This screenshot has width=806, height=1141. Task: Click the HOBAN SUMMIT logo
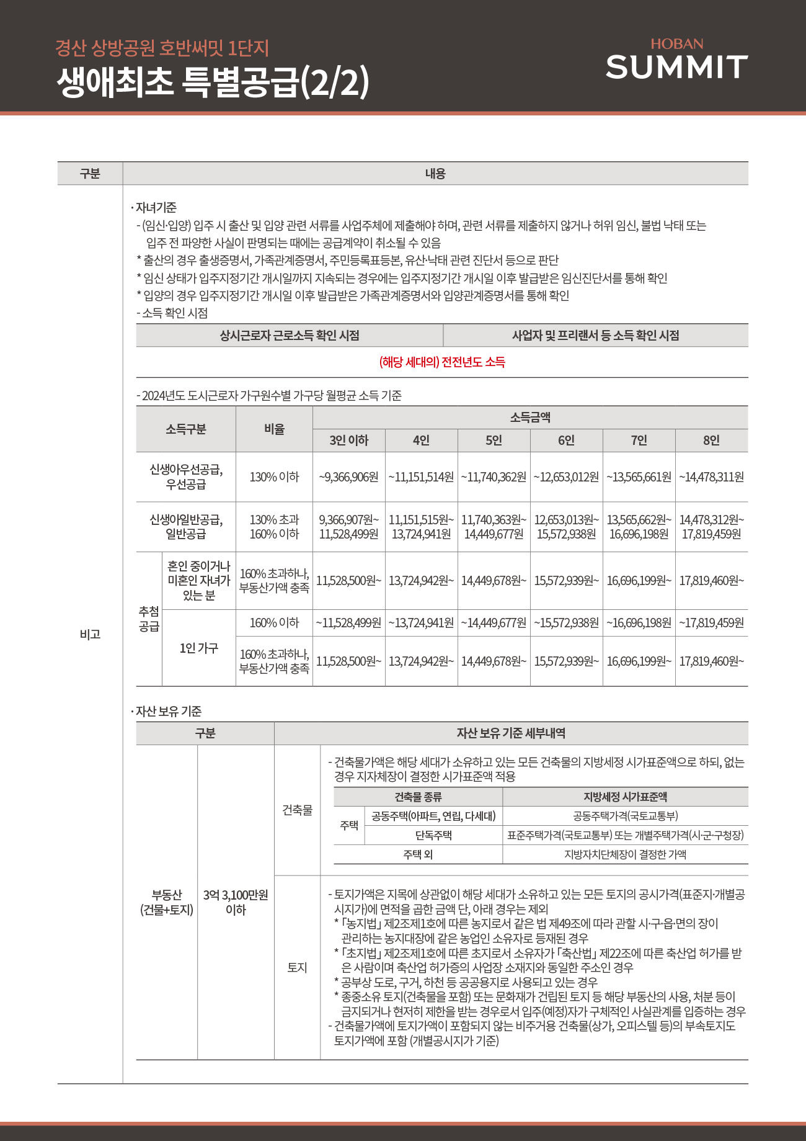676,60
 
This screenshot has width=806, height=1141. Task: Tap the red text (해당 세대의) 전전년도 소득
442,362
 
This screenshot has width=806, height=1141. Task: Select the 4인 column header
421,441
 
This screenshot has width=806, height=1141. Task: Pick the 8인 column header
711,441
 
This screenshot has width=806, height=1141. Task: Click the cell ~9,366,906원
348,477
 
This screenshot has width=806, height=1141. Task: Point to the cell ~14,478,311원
711,477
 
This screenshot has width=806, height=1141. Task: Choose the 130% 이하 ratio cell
274,477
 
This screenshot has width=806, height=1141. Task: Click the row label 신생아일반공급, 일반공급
186,527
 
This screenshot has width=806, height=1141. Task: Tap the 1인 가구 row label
198,648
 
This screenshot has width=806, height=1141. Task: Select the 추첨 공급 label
149,619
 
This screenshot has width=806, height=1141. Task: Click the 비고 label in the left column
90,634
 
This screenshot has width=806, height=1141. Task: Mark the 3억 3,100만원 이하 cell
236,902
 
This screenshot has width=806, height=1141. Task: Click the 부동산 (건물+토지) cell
167,902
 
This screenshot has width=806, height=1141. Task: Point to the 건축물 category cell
297,810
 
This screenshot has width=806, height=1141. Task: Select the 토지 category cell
297,967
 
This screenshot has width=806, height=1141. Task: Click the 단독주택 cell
433,835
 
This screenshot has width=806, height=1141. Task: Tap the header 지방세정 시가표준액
625,797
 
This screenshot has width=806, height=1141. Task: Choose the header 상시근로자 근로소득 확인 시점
290,336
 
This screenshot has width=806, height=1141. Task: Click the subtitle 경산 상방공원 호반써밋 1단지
162,48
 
